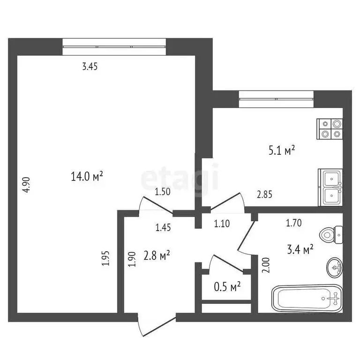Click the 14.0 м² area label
tap(87, 177)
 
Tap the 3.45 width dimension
tap(90, 67)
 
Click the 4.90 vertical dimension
tap(27, 184)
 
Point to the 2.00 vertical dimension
tap(266, 266)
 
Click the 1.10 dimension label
tap(222, 224)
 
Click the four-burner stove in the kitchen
tap(330, 129)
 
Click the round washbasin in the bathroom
tap(335, 268)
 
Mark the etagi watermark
tap(180, 177)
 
